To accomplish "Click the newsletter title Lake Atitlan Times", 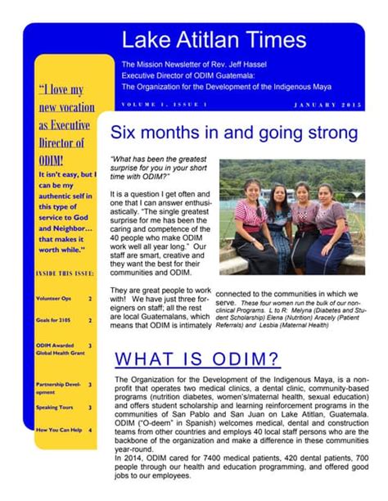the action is (214, 39).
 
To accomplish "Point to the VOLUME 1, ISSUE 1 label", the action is (165, 105).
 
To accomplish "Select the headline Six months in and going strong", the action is (233, 133).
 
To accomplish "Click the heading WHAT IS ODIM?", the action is (197, 359).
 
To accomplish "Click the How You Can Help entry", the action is (57, 430).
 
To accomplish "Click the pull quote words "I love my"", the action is (61, 89).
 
